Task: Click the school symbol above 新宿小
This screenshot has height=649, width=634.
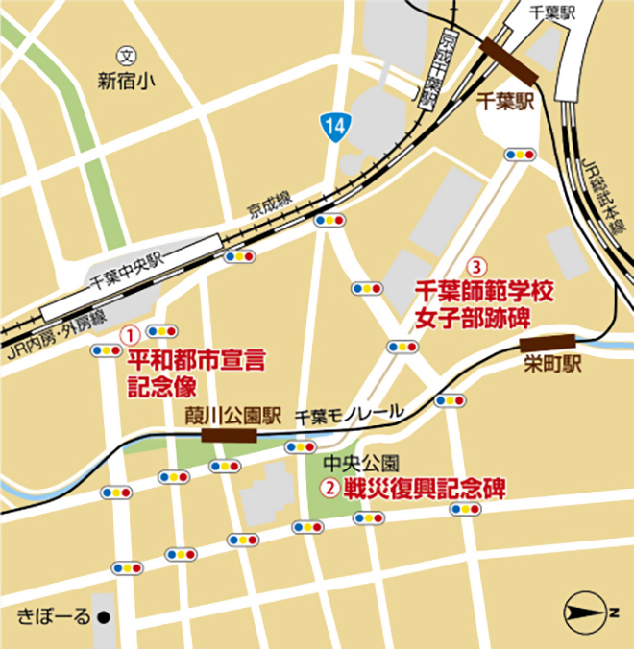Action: pos(124,56)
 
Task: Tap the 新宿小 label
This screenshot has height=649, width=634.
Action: pos(125,82)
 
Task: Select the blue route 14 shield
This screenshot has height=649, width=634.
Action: pos(331,125)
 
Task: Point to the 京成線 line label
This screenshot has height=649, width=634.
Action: pos(269,204)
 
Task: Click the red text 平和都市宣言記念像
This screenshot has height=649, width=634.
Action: pos(196,373)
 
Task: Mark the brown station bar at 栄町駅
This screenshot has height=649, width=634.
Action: pos(547,342)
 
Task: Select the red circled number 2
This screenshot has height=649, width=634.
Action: pos(329,488)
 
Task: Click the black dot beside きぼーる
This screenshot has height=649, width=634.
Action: pos(109,616)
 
